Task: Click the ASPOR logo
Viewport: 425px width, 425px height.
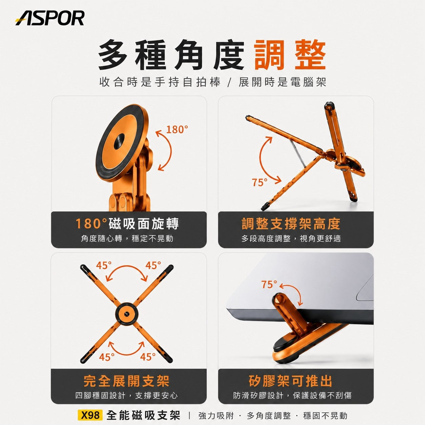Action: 50,18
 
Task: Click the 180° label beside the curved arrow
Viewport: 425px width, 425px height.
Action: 177,129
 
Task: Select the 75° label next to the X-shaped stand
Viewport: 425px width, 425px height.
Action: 260,182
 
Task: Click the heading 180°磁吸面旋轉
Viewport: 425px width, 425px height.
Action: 127,223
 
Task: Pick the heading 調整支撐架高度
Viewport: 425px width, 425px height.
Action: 291,223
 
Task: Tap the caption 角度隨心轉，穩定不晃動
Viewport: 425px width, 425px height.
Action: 127,238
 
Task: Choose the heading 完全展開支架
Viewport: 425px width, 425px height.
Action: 126,381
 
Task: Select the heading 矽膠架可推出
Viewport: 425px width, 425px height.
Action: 290,381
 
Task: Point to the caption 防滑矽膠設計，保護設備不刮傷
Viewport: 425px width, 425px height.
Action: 292,396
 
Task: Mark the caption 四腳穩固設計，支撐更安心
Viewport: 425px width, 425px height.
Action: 126,396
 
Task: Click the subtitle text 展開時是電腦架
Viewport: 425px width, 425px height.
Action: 282,82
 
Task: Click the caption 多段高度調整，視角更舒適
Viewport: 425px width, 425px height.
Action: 291,238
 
